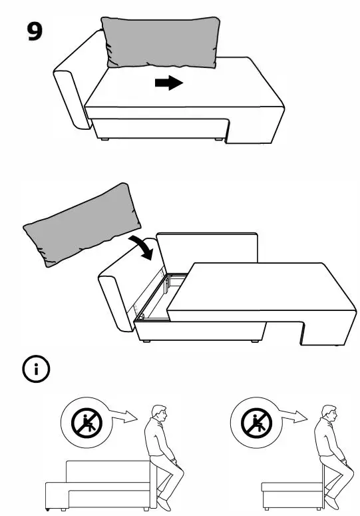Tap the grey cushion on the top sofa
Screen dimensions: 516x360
[161, 43]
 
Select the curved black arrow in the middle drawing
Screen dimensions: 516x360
[144, 244]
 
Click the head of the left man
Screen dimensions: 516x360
[158, 414]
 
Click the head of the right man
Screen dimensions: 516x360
[328, 414]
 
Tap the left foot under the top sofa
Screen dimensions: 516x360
[104, 139]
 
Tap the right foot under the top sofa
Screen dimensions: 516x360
[218, 140]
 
